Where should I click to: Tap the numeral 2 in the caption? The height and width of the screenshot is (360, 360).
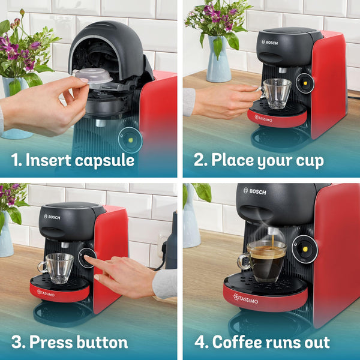(x=200, y=160)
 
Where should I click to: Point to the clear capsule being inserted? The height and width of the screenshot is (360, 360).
(x=94, y=76)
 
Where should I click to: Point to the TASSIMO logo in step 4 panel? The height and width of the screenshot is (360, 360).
(x=247, y=298)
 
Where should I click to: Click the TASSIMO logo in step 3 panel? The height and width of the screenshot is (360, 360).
(x=46, y=293)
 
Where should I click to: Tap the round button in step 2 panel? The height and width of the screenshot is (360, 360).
(x=305, y=83)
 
